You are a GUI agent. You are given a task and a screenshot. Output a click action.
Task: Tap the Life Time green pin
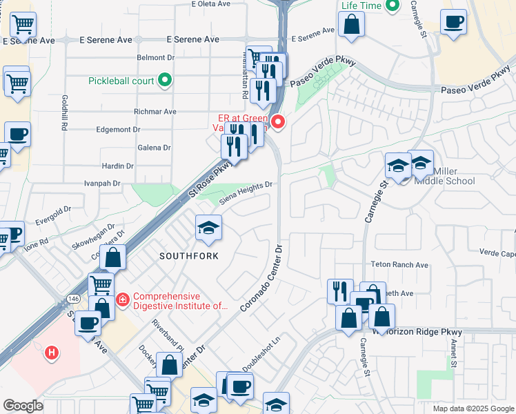coord(393,6)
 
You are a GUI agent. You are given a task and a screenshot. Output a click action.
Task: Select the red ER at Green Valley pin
coord(278,123)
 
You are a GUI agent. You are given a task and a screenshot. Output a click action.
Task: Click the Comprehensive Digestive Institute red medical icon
coord(123,299)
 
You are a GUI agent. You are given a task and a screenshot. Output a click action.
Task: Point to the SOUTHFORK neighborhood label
coord(189,256)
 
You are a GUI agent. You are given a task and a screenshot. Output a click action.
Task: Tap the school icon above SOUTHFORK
coord(208,228)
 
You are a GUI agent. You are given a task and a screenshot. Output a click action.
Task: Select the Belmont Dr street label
coord(155,58)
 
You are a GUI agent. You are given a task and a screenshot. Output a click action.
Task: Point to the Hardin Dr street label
coord(117,166)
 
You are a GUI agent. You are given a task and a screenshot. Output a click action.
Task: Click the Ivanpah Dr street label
coord(102,184)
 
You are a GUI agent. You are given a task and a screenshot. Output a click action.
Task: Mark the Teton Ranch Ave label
coord(400,264)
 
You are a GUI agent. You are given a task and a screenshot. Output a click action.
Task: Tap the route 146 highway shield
coord(72,298)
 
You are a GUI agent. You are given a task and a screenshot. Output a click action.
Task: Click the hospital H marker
coord(50,353)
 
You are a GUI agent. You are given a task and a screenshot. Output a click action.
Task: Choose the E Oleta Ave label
coord(214,4)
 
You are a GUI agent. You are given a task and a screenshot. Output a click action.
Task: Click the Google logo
coord(23,406)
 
